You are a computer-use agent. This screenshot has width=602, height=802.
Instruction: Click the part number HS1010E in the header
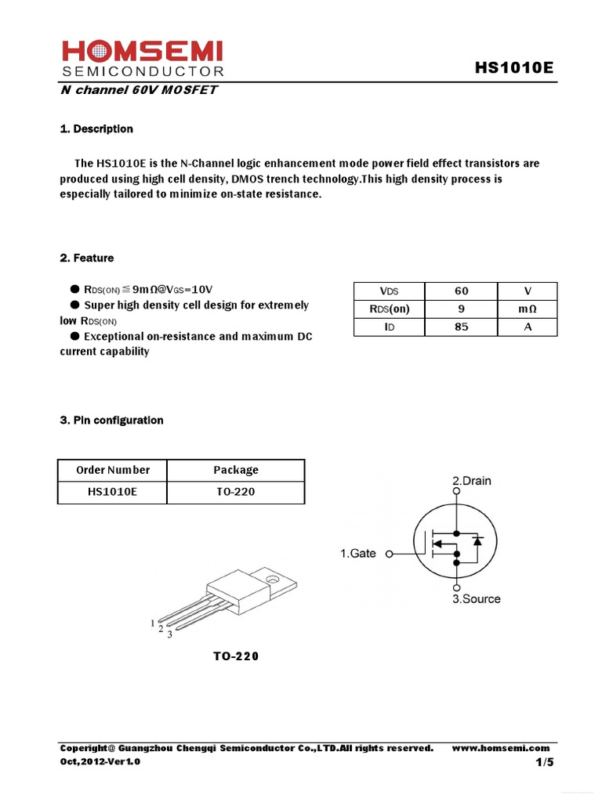click(513, 68)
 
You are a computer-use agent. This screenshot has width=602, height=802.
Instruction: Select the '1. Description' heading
click(96, 128)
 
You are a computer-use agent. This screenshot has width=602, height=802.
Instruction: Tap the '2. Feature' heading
click(86, 258)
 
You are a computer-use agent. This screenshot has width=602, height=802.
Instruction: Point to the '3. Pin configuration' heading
click(111, 420)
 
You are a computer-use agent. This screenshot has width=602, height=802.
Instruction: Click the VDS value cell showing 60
click(461, 291)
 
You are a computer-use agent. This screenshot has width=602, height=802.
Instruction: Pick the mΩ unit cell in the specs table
click(528, 309)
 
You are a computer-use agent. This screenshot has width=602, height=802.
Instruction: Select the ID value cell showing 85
click(461, 327)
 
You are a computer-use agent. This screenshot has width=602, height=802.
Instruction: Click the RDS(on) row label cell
click(389, 309)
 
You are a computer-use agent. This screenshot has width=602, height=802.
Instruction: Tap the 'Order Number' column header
click(112, 470)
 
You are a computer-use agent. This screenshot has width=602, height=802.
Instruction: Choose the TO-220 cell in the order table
click(235, 492)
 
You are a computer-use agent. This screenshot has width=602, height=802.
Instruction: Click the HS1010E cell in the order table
click(112, 492)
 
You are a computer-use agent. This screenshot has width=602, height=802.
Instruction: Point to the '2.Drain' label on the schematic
click(472, 480)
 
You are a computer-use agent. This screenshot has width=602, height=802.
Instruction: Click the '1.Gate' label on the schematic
click(357, 553)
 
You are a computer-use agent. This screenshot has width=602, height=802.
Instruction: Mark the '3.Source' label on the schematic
click(476, 598)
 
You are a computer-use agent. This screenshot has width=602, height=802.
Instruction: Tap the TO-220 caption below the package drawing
click(235, 656)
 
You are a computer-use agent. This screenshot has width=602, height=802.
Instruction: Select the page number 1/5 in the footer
click(545, 762)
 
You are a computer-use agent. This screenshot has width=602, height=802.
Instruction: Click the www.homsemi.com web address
click(501, 748)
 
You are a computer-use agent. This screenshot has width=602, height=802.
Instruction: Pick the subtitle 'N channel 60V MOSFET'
click(139, 89)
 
